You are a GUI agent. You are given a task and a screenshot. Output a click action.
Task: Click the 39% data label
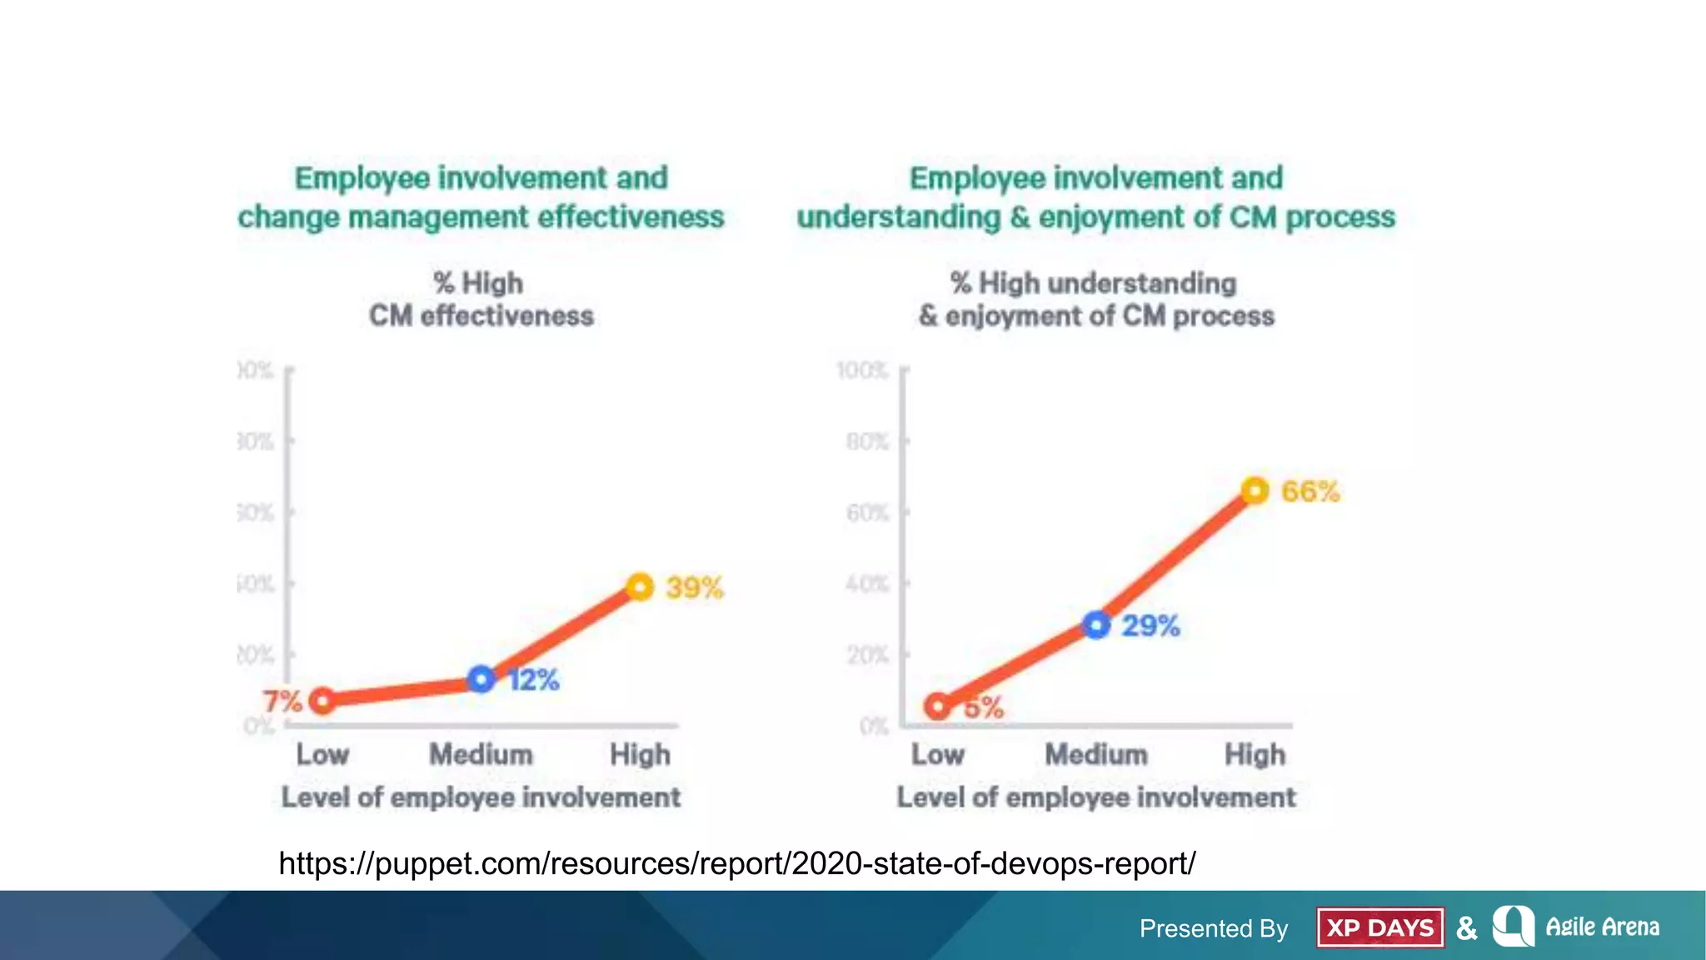tap(694, 587)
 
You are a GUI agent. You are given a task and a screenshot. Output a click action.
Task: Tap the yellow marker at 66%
tap(1255, 491)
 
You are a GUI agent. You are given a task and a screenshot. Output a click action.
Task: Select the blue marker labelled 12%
tap(481, 679)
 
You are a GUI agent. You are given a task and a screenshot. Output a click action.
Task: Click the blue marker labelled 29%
tap(1096, 625)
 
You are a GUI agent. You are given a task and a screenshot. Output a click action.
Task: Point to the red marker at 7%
tap(322, 701)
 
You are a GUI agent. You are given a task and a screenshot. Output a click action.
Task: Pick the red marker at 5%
tap(938, 707)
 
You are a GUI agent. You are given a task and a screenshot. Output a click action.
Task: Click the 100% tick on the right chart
tap(863, 370)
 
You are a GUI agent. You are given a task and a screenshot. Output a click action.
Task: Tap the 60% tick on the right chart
tap(867, 512)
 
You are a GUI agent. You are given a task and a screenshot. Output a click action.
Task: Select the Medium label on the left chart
tap(481, 755)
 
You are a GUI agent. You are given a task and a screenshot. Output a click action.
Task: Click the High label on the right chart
tap(1255, 755)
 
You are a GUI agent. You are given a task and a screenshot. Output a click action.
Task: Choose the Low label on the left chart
tap(322, 755)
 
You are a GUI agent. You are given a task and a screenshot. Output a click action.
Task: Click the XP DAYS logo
tap(1379, 927)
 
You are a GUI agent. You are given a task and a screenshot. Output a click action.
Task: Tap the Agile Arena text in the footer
tap(1602, 927)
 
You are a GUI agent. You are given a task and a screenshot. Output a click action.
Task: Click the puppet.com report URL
tap(736, 863)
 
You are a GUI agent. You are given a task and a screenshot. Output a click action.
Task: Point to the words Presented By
tap(1214, 928)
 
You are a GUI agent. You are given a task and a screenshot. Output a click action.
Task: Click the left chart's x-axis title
tap(481, 797)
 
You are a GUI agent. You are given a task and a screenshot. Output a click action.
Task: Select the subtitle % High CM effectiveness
tap(481, 299)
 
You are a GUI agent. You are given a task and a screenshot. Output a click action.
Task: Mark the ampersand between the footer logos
tap(1467, 927)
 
